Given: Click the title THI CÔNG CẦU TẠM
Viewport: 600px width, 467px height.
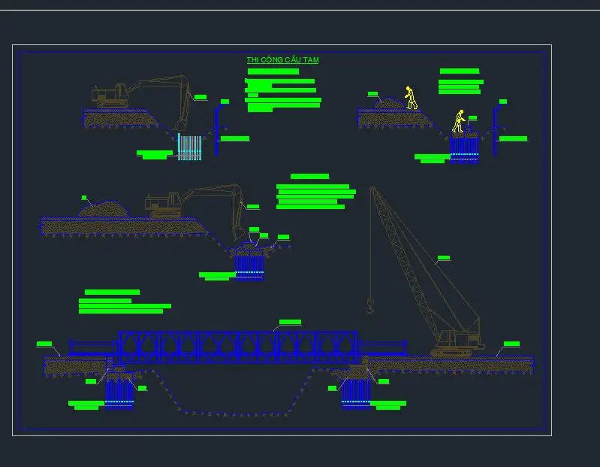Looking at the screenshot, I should pyautogui.click(x=282, y=60).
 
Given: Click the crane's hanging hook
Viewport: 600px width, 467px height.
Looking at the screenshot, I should pyautogui.click(x=369, y=305).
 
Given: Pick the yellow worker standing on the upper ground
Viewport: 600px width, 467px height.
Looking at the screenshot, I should pyautogui.click(x=410, y=98).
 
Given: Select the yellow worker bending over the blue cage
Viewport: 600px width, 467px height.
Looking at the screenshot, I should pyautogui.click(x=458, y=122).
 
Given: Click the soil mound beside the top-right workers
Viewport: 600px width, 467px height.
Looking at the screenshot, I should pyautogui.click(x=390, y=102).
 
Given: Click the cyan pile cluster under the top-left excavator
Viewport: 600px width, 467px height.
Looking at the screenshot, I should pyautogui.click(x=189, y=147).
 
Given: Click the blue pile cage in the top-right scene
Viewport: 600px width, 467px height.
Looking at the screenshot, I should pyautogui.click(x=464, y=148).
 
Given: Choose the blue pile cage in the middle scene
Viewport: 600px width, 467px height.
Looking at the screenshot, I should pyautogui.click(x=249, y=265).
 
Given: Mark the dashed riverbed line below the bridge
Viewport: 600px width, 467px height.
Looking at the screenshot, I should pyautogui.click(x=233, y=413).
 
